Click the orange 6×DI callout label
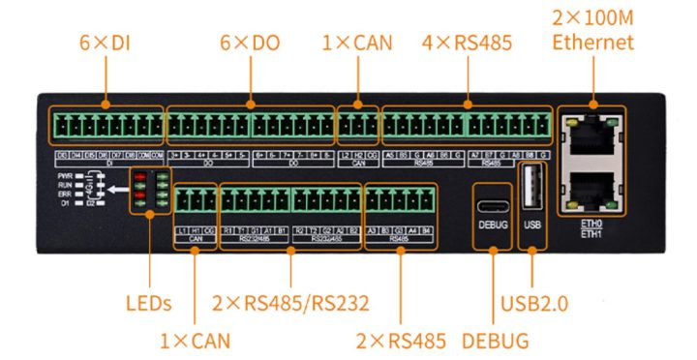pos(106,43)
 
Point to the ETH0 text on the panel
pos(591,223)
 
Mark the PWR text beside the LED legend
pos(66,175)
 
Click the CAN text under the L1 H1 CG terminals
pos(196,237)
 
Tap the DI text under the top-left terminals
pos(109,164)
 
